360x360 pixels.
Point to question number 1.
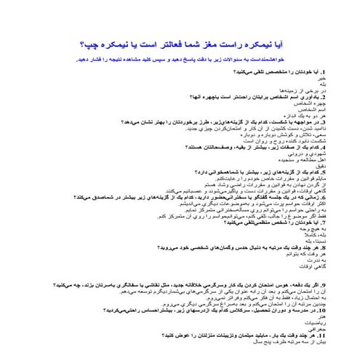290,73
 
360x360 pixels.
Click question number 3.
290,121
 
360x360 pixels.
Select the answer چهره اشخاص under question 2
279,103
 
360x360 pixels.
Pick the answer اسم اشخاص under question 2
280,108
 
